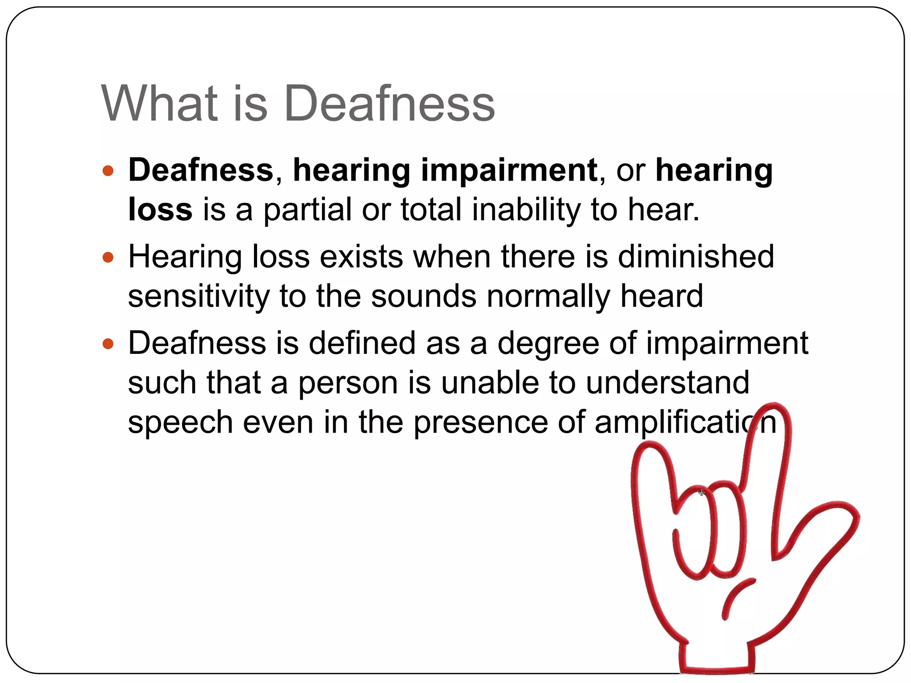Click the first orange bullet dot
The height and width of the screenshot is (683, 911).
(x=108, y=170)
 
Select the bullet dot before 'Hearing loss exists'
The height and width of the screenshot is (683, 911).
(x=108, y=257)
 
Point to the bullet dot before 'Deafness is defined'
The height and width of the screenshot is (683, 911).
(x=108, y=343)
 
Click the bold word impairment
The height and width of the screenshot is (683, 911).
(x=509, y=170)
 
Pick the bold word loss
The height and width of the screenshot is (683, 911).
(x=160, y=209)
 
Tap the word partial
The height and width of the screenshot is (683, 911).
(x=307, y=209)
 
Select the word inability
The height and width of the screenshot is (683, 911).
(x=526, y=209)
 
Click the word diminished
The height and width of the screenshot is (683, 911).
(x=696, y=257)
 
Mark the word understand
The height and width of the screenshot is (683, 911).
(x=668, y=382)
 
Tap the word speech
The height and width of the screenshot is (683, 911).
(x=180, y=422)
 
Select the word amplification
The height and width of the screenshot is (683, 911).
(x=685, y=422)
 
